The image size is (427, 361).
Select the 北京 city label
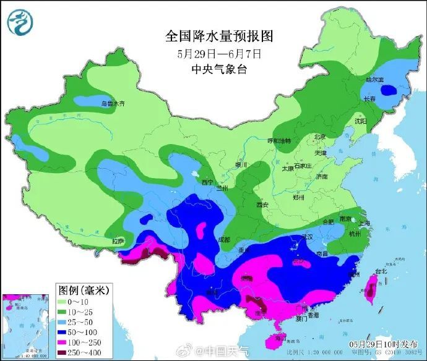[319, 137]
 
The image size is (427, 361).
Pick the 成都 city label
[222, 239]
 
